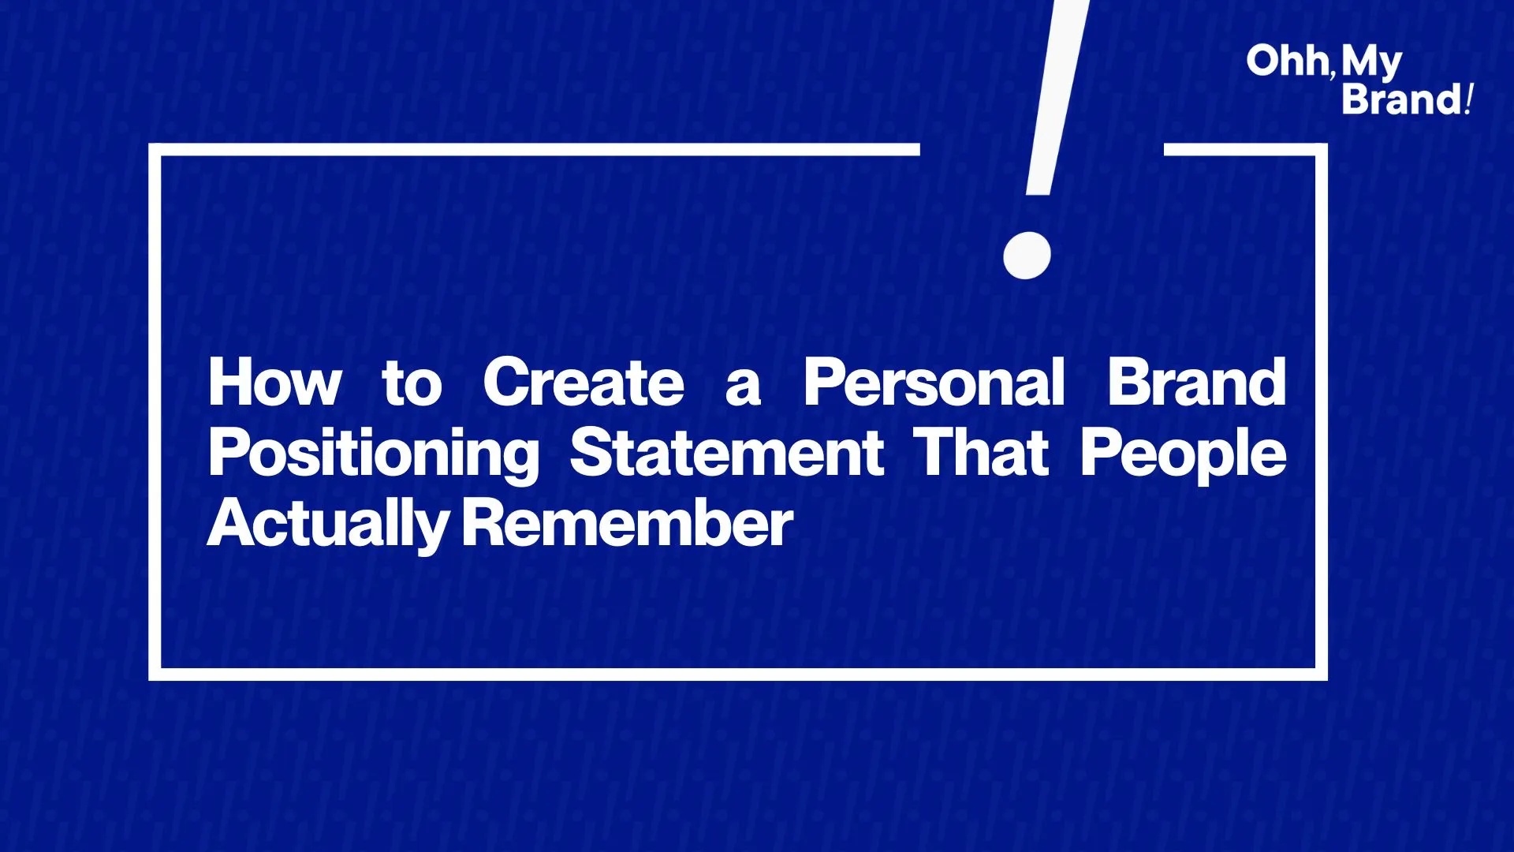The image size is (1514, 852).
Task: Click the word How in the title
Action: [x=275, y=383]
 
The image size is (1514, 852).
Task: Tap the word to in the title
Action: [x=412, y=384]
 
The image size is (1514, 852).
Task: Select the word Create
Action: [x=584, y=383]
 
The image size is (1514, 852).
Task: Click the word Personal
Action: [x=934, y=383]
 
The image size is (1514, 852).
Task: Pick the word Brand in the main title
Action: [x=1197, y=383]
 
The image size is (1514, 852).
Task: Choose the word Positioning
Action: [x=374, y=455]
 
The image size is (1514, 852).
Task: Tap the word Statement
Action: [x=727, y=453]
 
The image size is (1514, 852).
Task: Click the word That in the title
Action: [x=982, y=453]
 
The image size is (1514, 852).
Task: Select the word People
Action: [x=1183, y=455]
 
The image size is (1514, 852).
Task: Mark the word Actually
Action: [x=328, y=525]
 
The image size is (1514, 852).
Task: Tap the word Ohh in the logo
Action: [x=1288, y=61]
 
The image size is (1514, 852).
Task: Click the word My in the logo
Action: [x=1371, y=64]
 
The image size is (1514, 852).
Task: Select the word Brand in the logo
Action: [x=1402, y=99]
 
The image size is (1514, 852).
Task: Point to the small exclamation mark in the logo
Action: [x=1469, y=99]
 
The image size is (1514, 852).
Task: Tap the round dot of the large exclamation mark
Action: [x=1027, y=255]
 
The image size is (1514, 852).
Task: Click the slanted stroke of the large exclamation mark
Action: [x=1057, y=97]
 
